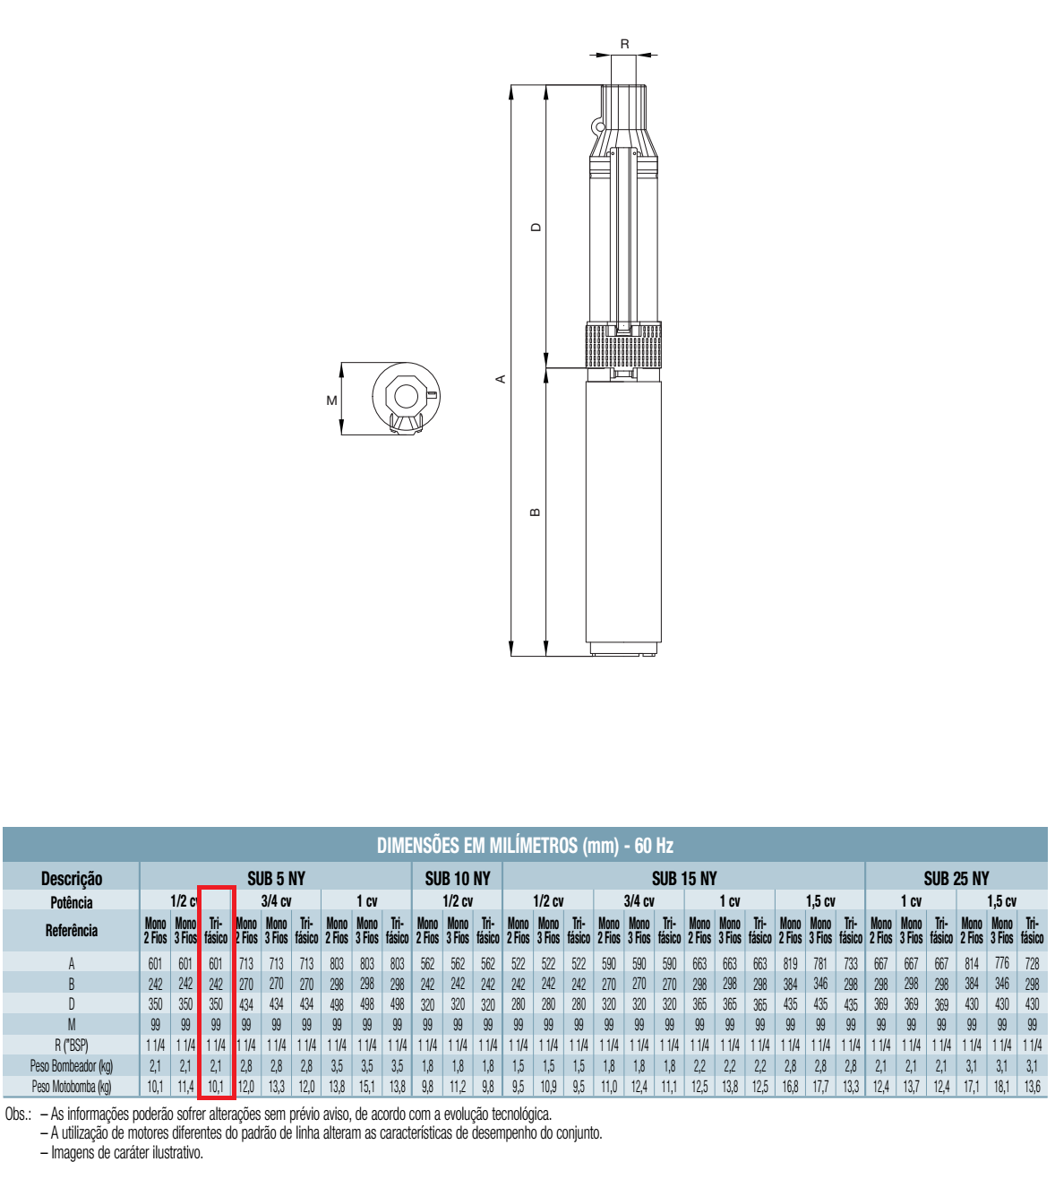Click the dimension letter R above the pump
(624, 44)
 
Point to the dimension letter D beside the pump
(536, 228)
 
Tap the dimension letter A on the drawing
(501, 379)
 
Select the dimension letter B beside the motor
(536, 512)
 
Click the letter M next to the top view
(331, 400)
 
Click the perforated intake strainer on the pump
(623, 346)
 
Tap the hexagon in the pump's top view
(407, 396)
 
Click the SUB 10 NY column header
(458, 878)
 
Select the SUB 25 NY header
(956, 878)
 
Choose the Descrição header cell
(72, 879)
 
